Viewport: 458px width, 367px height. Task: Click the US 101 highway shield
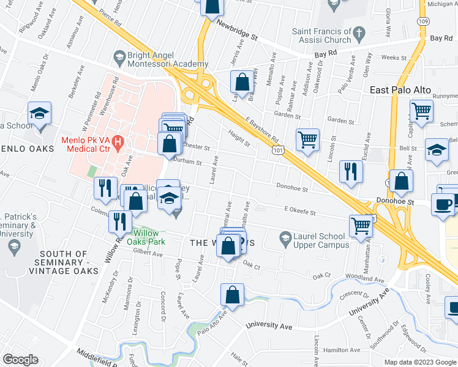pos(279,150)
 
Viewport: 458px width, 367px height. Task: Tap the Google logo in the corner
pos(20,360)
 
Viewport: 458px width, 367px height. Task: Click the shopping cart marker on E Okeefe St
pos(361,226)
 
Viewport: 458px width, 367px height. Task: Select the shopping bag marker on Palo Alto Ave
pos(233,294)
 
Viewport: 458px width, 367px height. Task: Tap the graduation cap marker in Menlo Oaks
pos(39,113)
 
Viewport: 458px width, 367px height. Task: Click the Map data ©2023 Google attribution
pos(421,362)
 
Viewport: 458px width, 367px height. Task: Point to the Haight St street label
pos(239,141)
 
